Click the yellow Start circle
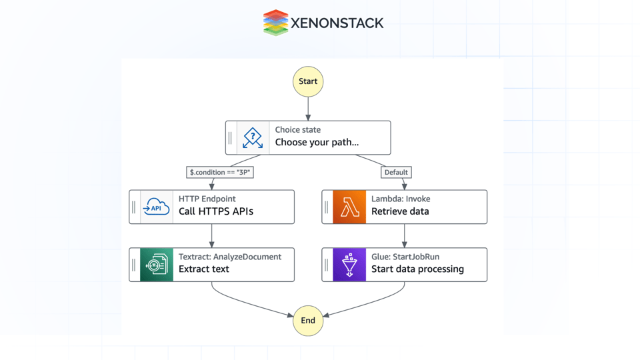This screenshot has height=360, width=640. click(308, 81)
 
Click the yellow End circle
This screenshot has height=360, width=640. click(308, 321)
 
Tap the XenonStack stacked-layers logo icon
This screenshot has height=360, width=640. click(275, 23)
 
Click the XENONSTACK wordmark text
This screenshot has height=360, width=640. click(337, 23)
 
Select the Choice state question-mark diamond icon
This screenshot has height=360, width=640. click(253, 138)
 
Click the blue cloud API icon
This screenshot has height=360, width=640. click(157, 207)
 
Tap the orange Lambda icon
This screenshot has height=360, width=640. click(349, 207)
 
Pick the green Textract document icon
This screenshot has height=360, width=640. click(157, 265)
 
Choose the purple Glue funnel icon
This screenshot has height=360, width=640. click(349, 265)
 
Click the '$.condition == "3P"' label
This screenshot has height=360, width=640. click(220, 172)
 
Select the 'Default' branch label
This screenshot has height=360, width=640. click(396, 172)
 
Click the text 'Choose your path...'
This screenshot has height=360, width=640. click(317, 142)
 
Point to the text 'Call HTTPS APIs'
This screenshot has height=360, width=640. click(216, 211)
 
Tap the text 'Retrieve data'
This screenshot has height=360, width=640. click(400, 211)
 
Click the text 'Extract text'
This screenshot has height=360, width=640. click(204, 269)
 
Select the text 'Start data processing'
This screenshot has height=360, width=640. click(417, 269)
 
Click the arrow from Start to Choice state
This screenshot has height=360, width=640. click(308, 109)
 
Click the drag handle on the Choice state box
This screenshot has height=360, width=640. click(231, 138)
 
